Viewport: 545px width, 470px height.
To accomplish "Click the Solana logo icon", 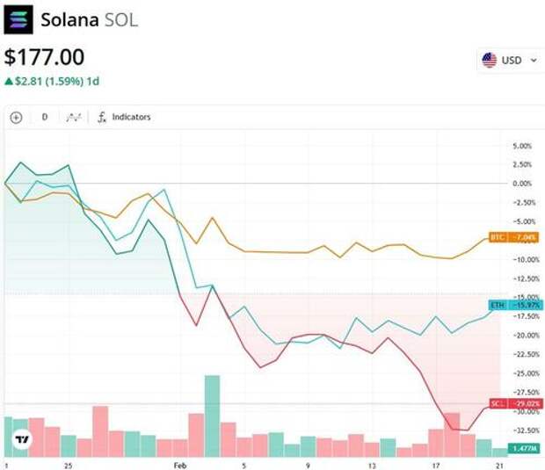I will click(18, 18).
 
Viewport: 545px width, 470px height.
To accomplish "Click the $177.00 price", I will click(45, 58).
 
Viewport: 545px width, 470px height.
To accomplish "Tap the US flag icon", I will click(489, 61).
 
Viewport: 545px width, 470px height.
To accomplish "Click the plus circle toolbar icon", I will click(16, 117).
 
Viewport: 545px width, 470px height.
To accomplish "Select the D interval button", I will click(45, 117).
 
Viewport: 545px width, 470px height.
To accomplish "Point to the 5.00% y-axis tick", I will click(521, 146).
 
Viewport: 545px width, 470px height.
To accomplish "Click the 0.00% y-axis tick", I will click(521, 184).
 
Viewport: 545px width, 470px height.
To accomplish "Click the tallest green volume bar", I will click(212, 416).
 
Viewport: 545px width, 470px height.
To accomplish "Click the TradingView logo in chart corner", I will click(22, 439).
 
